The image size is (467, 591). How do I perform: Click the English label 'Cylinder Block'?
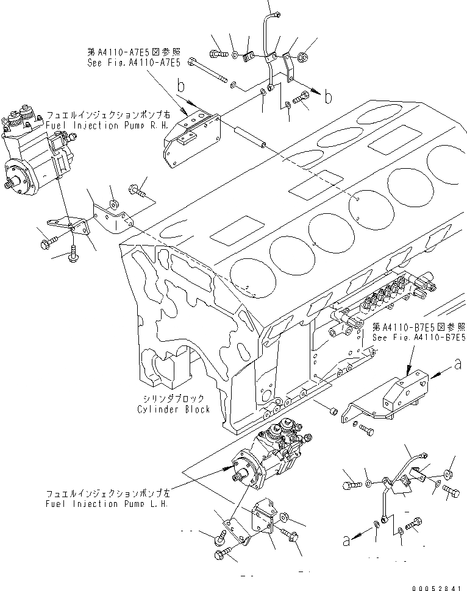(173, 409)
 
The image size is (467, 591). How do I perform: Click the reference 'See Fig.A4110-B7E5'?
(419, 337)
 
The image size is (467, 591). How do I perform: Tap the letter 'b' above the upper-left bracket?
(180, 87)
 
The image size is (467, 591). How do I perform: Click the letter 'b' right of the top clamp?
(329, 97)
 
